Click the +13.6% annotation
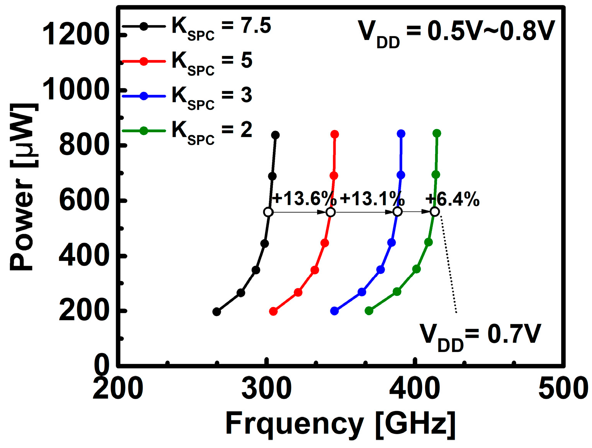click(x=304, y=199)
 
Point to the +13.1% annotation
click(x=372, y=199)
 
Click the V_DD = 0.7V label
click(x=480, y=336)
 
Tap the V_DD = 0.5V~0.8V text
click(x=456, y=33)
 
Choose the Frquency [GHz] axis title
click(x=340, y=424)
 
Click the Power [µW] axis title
click(x=24, y=187)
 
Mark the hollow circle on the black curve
click(x=268, y=212)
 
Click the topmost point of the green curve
click(x=437, y=133)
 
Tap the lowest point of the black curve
click(x=217, y=312)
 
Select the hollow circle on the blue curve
click(x=397, y=212)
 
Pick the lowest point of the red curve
click(x=273, y=311)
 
